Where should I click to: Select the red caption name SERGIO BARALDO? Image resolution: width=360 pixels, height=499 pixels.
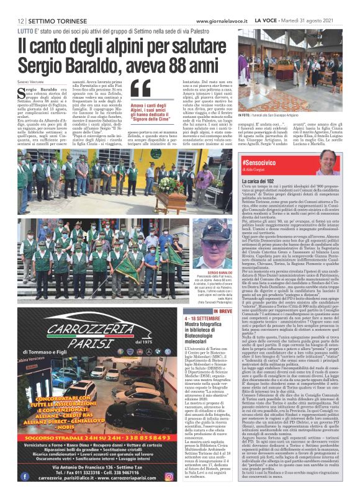206,272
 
